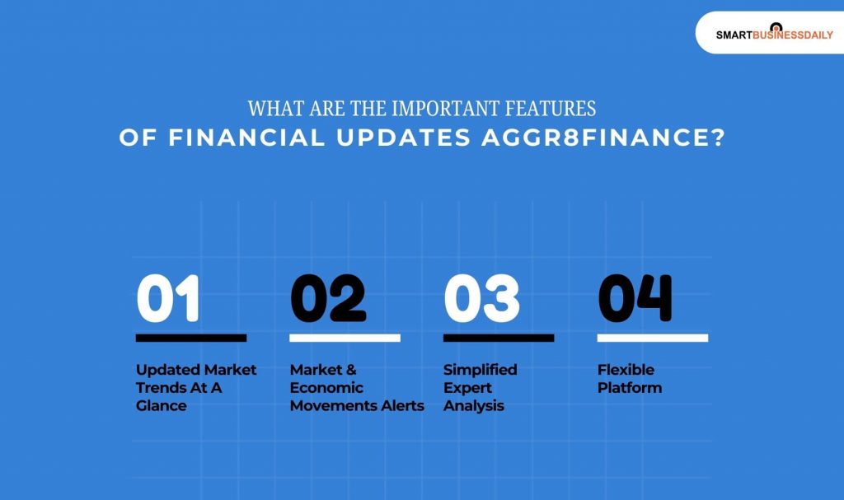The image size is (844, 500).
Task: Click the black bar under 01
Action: coord(190,338)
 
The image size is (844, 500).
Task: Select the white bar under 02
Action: coord(345,338)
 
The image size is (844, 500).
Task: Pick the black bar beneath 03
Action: coord(498,338)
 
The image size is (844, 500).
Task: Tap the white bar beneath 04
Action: coord(652,338)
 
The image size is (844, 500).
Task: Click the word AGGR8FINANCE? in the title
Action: coord(603,138)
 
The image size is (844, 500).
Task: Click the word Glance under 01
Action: coord(162,406)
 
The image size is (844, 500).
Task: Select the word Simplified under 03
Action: coord(480,370)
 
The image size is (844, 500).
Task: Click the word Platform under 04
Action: coord(629,388)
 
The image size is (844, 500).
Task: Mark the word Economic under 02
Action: coord(326,388)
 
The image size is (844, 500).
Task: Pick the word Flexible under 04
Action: coord(626,370)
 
